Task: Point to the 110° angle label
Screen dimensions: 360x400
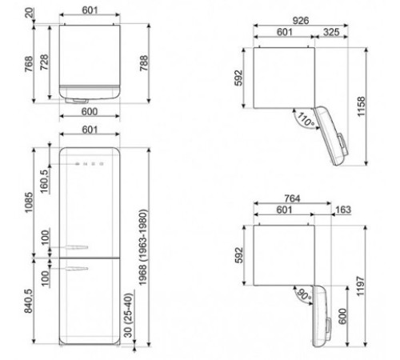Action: point(304,121)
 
